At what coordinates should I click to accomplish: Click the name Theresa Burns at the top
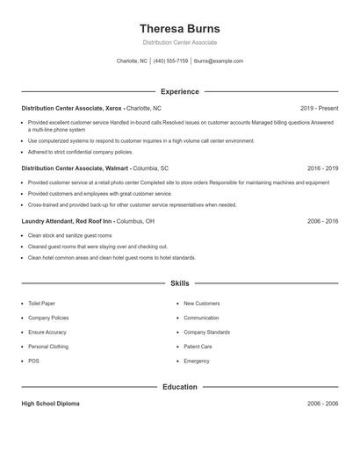click(180, 28)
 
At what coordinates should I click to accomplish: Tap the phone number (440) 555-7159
click(170, 61)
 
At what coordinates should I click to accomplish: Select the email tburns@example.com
click(219, 61)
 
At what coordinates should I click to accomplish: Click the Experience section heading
click(180, 91)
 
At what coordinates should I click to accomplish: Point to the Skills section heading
click(180, 283)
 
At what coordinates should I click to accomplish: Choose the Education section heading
click(180, 386)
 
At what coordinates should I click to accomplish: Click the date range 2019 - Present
click(319, 108)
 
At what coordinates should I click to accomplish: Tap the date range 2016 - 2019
click(322, 167)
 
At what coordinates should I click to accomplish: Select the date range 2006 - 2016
click(322, 221)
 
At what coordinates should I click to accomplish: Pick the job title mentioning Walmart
click(76, 167)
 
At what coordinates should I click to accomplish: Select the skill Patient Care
click(198, 347)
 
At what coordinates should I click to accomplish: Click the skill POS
click(33, 361)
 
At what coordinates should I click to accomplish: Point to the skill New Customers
click(201, 304)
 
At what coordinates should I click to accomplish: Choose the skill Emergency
click(197, 361)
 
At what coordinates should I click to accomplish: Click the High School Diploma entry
click(50, 404)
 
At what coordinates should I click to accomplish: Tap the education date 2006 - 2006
click(322, 404)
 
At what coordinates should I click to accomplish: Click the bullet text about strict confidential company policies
click(80, 151)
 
